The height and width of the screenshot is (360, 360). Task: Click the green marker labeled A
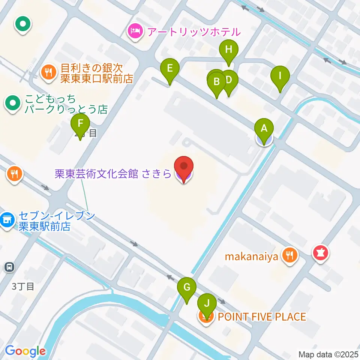point(264,129)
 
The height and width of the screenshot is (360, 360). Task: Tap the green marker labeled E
point(169,69)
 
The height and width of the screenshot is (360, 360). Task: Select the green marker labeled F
point(80,124)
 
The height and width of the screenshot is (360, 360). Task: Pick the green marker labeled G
point(187,288)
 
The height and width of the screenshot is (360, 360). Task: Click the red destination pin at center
point(184,166)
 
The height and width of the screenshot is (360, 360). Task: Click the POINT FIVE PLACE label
point(262,317)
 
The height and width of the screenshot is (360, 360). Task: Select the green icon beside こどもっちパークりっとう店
point(13,103)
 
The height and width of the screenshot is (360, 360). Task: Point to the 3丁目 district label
point(23,287)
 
